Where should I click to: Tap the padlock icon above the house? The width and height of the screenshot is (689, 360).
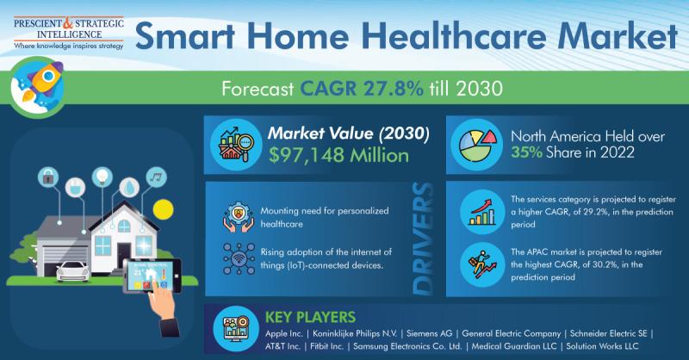point(48,177)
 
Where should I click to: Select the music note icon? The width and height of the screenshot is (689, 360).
point(156,177)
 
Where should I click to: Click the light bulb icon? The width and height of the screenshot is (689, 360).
point(102,177)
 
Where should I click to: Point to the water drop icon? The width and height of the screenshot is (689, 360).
point(129,187)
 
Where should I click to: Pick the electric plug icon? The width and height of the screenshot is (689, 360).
point(75,187)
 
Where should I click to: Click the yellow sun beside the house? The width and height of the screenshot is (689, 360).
point(163,209)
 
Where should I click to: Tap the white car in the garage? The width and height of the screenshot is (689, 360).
point(73,270)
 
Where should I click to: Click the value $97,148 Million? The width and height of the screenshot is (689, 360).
point(338,156)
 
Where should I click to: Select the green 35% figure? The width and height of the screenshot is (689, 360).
point(526,152)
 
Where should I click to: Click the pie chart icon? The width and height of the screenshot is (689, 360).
point(476,145)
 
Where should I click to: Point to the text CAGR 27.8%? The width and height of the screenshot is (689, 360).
point(362,89)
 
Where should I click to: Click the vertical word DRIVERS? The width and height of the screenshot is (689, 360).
point(423,239)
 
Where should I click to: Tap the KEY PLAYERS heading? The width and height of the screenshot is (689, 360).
point(310,317)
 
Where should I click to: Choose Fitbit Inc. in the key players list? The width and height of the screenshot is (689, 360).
point(327,346)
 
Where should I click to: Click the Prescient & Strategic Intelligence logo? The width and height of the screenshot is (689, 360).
point(69,33)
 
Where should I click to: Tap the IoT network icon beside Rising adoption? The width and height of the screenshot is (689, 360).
point(239,259)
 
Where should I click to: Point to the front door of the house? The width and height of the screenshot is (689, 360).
point(123,255)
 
